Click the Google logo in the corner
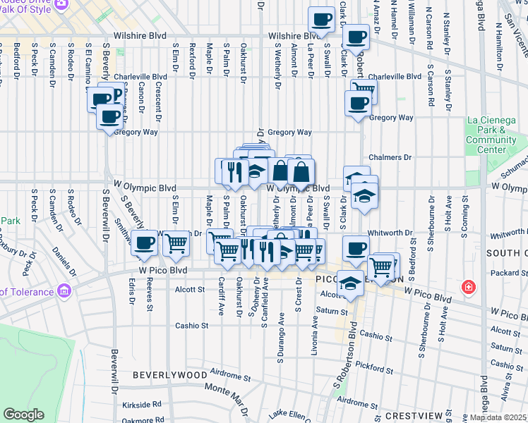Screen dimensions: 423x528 (24, 415)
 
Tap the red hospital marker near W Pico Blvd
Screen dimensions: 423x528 (467, 287)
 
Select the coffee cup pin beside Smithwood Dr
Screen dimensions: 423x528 (145, 244)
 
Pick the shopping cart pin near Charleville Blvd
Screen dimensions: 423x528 (364, 90)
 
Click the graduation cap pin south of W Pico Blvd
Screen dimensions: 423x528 (349, 284)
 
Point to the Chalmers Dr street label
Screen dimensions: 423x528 (390, 158)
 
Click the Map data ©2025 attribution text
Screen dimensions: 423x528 (497, 417)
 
